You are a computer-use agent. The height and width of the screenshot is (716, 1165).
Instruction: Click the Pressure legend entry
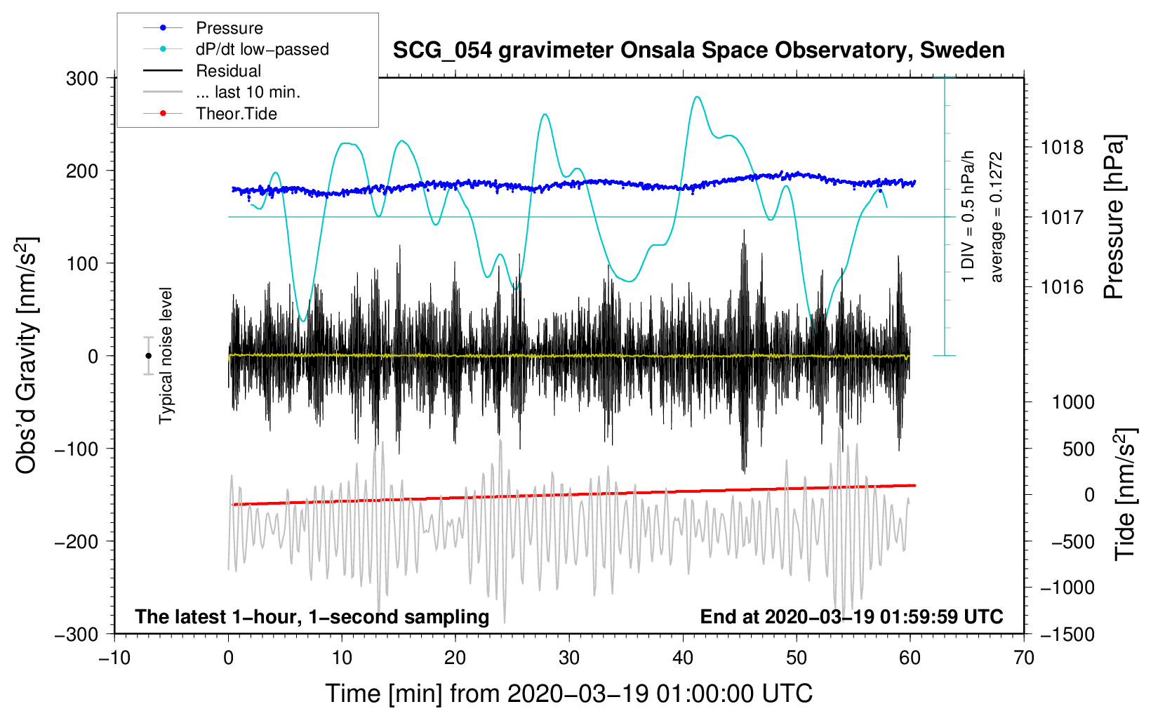pyautogui.click(x=229, y=28)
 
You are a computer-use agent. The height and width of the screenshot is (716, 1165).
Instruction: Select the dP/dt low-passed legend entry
pyautogui.click(x=262, y=49)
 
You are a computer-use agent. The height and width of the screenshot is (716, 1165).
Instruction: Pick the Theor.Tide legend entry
pyautogui.click(x=236, y=114)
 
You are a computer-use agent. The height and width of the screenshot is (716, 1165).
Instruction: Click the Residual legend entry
pyautogui.click(x=228, y=71)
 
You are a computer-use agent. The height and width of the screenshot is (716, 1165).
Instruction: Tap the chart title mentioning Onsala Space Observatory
pyautogui.click(x=698, y=51)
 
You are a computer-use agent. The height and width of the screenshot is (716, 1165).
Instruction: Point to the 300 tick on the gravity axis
pyautogui.click(x=82, y=78)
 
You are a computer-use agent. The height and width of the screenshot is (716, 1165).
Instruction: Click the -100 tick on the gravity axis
pyautogui.click(x=76, y=449)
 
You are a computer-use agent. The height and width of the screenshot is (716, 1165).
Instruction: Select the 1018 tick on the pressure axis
pyautogui.click(x=1062, y=147)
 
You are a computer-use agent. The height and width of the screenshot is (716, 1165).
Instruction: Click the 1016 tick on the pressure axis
pyautogui.click(x=1062, y=286)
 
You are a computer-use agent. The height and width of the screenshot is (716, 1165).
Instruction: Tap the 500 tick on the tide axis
pyautogui.click(x=1079, y=449)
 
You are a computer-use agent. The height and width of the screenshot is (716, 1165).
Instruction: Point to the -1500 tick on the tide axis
pyautogui.click(x=1067, y=634)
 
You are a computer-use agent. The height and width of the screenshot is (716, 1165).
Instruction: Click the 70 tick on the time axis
pyautogui.click(x=1024, y=658)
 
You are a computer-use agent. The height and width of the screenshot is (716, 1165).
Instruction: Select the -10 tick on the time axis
pyautogui.click(x=114, y=658)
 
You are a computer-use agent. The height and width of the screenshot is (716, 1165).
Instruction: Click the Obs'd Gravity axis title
pyautogui.click(x=27, y=356)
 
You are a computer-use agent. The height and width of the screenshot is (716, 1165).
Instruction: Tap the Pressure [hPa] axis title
pyautogui.click(x=1114, y=217)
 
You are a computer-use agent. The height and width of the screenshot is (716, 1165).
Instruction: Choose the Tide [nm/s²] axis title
pyautogui.click(x=1125, y=494)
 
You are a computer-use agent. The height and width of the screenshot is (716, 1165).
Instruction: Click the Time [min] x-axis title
pyautogui.click(x=569, y=694)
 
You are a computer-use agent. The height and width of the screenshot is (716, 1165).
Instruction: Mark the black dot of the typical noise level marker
pyautogui.click(x=148, y=356)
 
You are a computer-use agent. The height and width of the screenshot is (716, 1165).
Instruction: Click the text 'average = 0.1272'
pyautogui.click(x=997, y=217)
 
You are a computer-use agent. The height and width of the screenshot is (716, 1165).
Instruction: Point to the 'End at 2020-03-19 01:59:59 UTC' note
pyautogui.click(x=851, y=616)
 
